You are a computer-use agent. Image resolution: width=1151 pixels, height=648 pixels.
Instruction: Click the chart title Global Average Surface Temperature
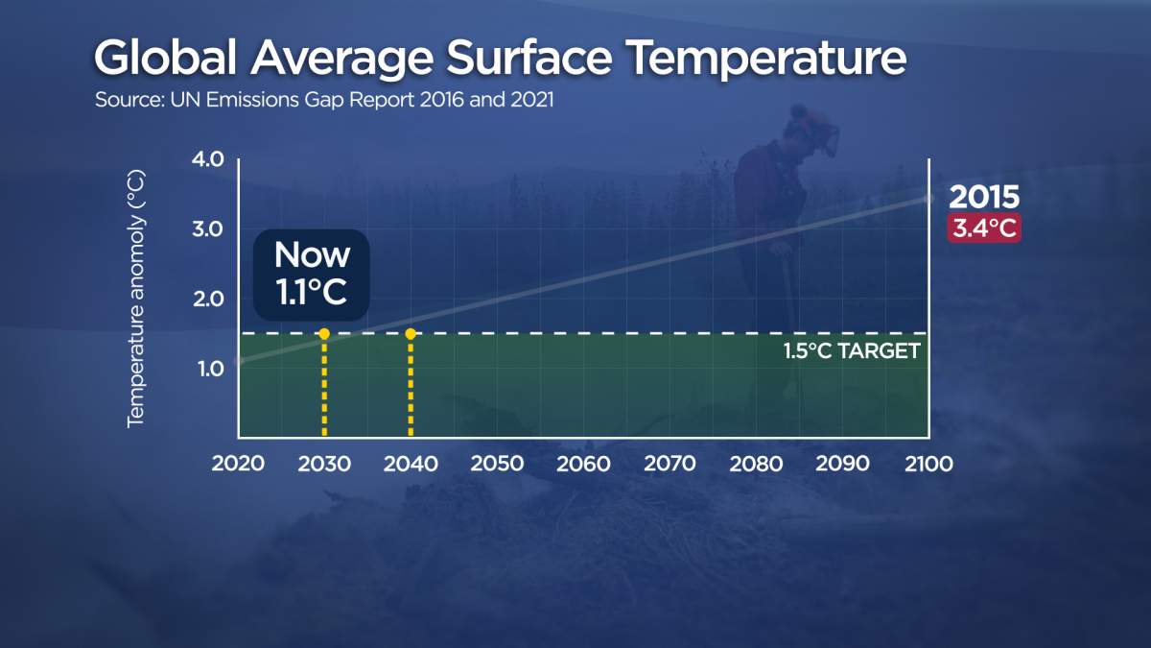coord(500,60)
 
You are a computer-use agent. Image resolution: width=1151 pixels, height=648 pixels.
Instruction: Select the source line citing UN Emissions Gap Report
coord(324,100)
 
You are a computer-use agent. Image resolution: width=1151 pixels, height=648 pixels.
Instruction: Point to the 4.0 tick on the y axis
coord(207,159)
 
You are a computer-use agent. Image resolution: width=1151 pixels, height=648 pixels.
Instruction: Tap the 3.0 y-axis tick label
coord(207,229)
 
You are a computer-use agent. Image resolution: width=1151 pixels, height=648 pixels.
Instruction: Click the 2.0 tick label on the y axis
coord(207,300)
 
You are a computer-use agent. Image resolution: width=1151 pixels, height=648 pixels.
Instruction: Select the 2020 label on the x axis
coord(237,465)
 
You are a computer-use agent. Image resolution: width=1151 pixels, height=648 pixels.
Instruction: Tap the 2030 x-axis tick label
coord(324,465)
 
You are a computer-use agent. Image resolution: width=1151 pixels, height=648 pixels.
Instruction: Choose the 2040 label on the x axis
coord(411,465)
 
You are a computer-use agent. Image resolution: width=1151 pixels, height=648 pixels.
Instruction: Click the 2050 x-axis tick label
coord(497,465)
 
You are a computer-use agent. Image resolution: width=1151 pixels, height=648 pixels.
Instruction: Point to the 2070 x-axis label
coord(669,465)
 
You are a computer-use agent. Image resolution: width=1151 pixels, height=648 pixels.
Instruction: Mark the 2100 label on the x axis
coord(928,465)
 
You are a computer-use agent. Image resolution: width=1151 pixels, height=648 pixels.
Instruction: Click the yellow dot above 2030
coord(324,334)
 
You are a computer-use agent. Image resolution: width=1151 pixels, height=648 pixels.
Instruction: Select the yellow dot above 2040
coord(411,334)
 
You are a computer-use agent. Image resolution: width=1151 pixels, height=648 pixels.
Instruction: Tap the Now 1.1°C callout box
coord(312,275)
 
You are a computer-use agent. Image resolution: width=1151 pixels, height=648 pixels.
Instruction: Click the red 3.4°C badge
coord(983,229)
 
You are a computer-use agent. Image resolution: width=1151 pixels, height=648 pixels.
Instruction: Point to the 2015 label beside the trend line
coord(983,198)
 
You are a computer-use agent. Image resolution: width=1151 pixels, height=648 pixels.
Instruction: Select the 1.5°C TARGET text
coord(852,351)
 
